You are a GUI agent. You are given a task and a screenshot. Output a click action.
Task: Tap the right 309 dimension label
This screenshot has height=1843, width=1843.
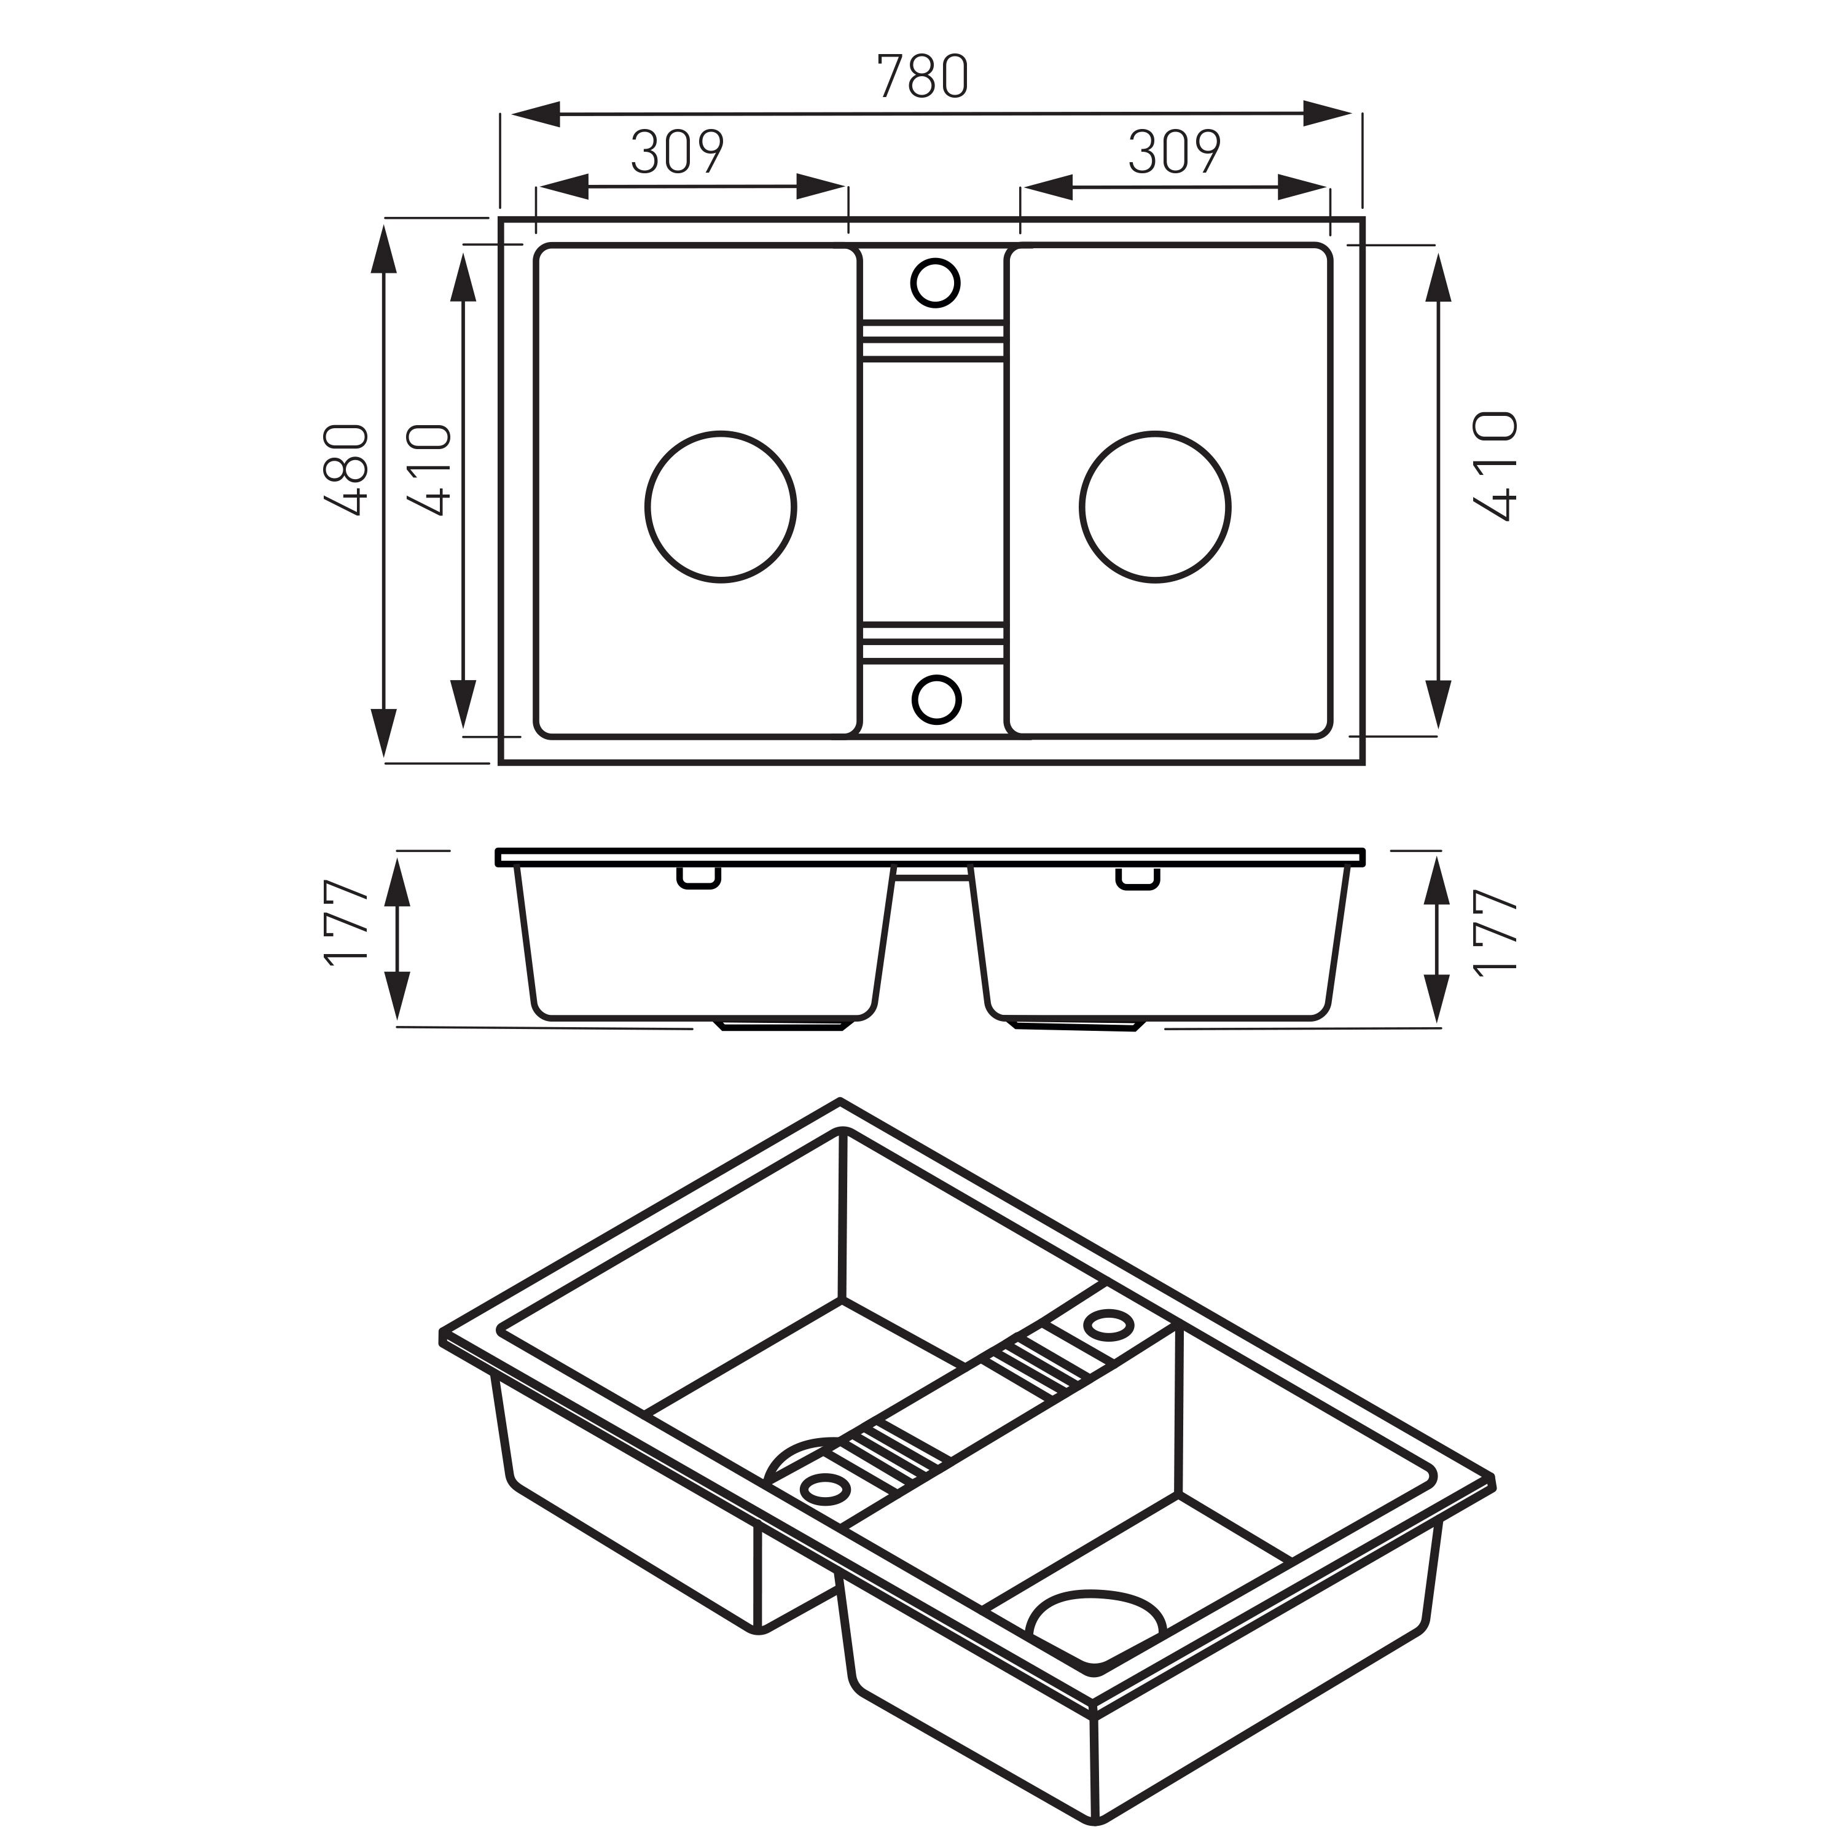pyautogui.click(x=1174, y=152)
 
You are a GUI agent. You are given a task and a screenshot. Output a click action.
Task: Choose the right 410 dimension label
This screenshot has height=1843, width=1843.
pyautogui.click(x=1495, y=466)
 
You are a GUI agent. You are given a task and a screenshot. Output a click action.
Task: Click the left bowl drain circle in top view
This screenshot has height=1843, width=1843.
pyautogui.click(x=721, y=507)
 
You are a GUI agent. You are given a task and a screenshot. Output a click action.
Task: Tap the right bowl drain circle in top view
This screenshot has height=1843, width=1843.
pyautogui.click(x=1155, y=507)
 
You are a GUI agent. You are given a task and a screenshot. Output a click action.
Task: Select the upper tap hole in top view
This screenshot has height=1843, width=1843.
pyautogui.click(x=935, y=283)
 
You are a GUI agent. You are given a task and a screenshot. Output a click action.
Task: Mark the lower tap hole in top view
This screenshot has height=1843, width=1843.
pyautogui.click(x=935, y=699)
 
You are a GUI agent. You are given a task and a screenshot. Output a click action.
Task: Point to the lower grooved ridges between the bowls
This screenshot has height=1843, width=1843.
pyautogui.click(x=933, y=641)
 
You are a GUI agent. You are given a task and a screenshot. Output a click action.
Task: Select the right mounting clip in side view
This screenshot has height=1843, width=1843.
pyautogui.click(x=1138, y=878)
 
